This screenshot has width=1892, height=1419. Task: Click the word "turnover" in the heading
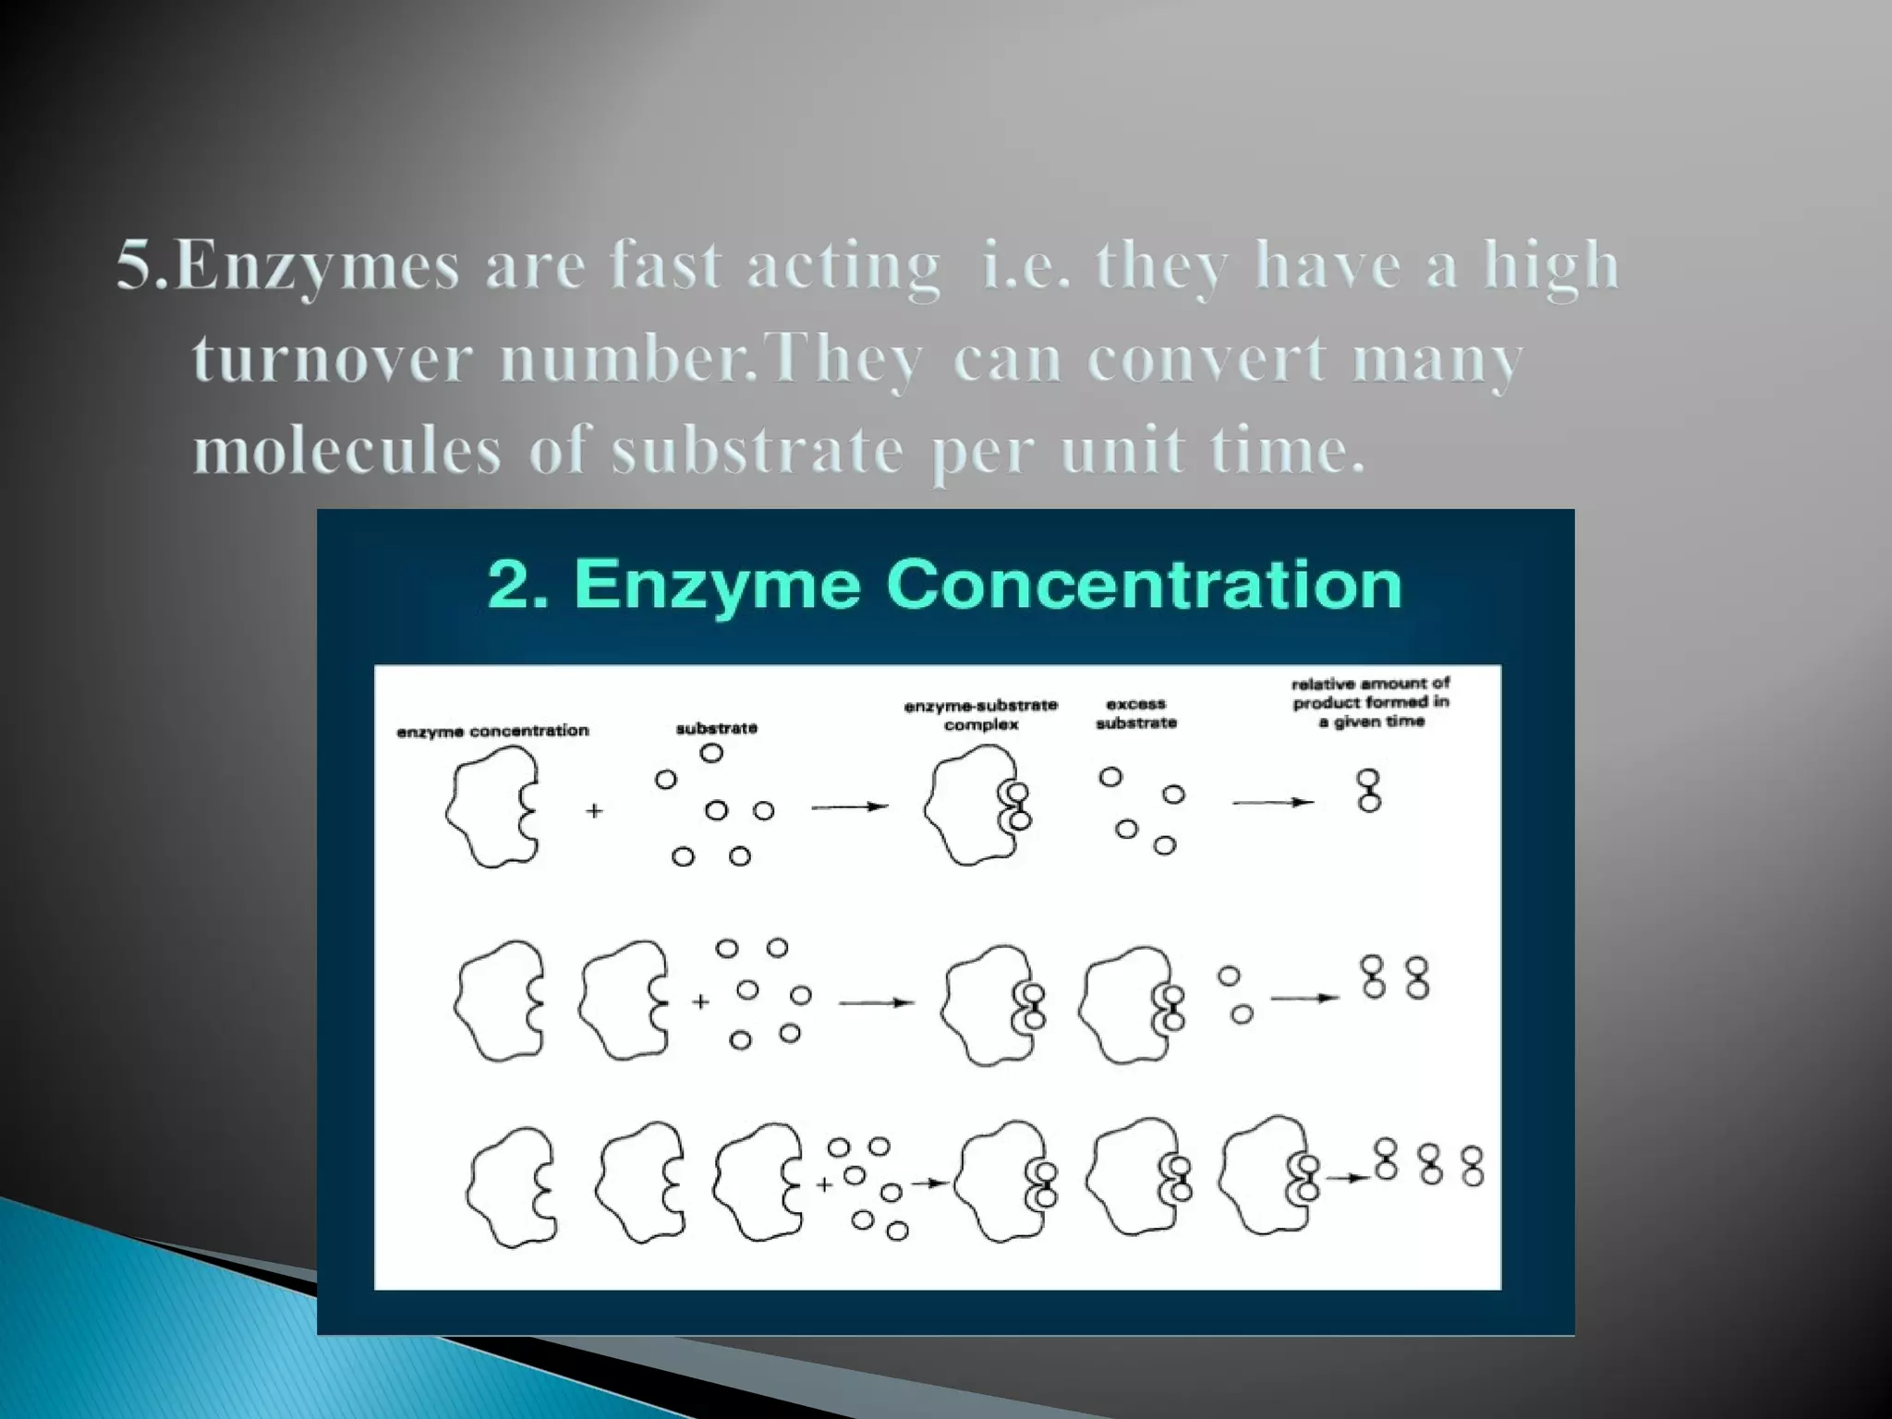[333, 360]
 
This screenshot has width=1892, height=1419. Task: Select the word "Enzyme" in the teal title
[717, 585]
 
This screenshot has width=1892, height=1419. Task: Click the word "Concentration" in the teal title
[1144, 585]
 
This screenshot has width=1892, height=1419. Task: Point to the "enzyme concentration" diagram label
[492, 731]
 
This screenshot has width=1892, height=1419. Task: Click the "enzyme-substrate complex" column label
[981, 715]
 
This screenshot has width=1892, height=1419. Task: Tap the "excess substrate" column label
[1136, 713]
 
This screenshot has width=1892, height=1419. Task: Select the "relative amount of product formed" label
[1371, 702]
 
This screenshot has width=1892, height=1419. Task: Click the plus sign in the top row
[594, 811]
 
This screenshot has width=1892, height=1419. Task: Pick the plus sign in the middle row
[700, 1001]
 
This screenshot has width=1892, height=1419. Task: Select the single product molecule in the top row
[1369, 791]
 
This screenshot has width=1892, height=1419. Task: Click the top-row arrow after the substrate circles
[849, 807]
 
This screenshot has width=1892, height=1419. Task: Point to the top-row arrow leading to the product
[1273, 802]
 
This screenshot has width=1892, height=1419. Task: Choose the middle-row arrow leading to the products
[1304, 998]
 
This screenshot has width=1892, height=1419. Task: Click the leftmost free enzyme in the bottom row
[512, 1188]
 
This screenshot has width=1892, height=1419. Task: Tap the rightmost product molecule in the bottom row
[1473, 1166]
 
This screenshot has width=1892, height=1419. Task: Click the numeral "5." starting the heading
[143, 266]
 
